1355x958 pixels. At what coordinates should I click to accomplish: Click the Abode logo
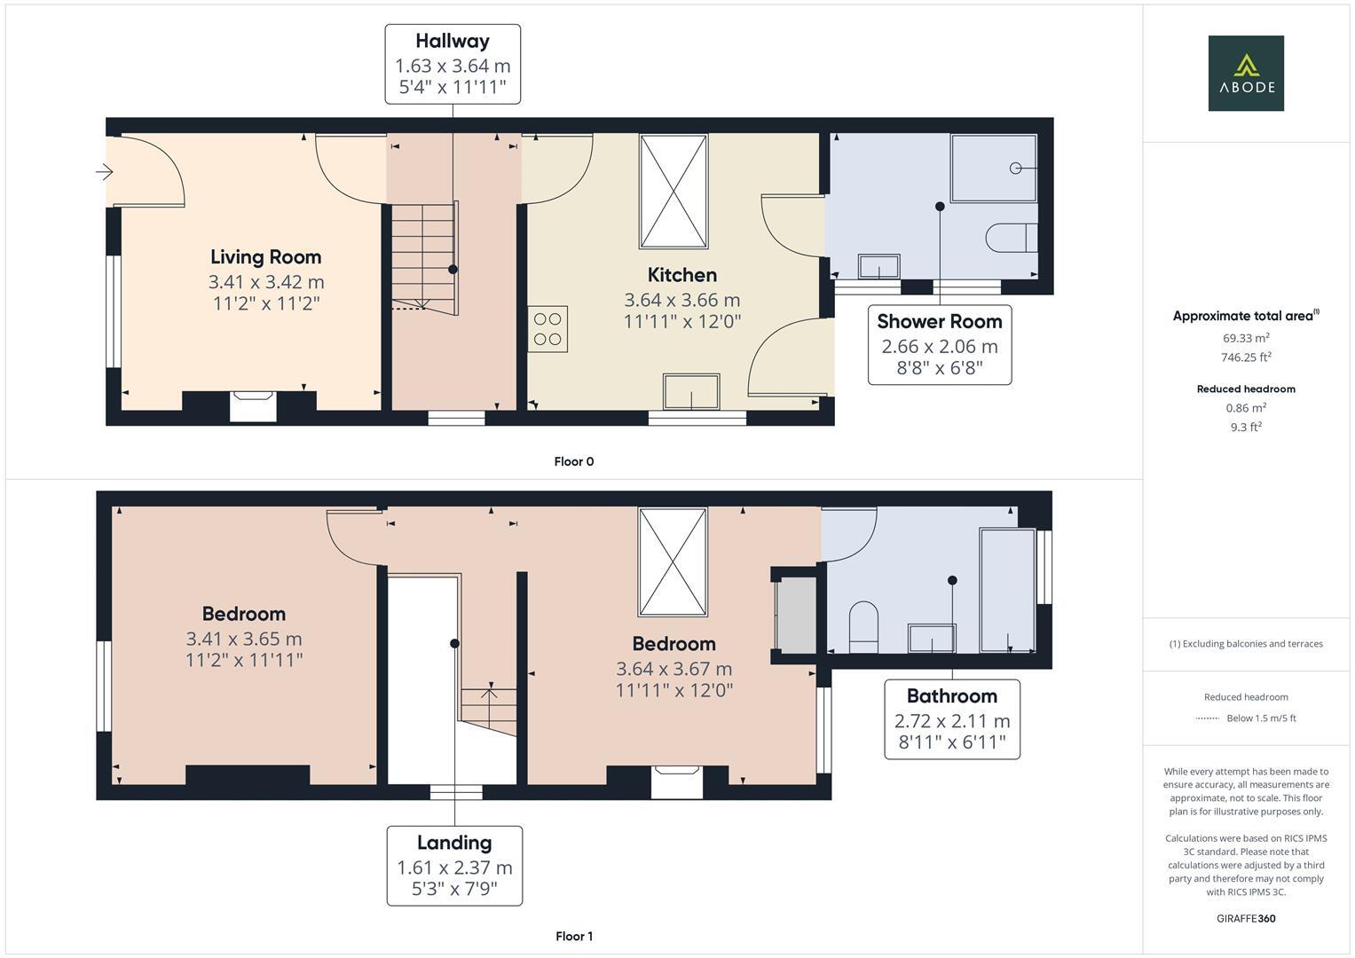coord(1245,73)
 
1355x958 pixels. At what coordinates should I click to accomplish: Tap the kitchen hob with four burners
coord(548,328)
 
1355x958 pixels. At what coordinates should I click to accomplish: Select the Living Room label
coord(265,257)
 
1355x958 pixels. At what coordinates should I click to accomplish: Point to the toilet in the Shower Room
coord(1011,238)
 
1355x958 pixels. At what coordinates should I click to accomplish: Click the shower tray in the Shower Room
coord(993,169)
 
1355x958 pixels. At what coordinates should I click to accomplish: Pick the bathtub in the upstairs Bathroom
coord(1007,590)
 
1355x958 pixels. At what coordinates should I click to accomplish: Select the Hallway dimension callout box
coord(453,65)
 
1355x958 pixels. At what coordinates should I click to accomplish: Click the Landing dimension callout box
coord(454,866)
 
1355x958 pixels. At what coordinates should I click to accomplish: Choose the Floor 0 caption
coord(573,461)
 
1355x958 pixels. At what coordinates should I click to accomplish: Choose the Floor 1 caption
coord(573,936)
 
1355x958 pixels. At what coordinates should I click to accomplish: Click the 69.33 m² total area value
coord(1245,338)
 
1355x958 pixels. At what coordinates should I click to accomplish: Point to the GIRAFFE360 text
coord(1245,918)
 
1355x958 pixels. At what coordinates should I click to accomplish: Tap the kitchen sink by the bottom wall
coord(691,391)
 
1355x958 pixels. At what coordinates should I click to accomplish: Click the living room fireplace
coord(253,405)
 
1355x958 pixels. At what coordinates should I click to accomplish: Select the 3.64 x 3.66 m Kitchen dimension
coord(681,300)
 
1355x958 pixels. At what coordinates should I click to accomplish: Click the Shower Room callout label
coord(940,322)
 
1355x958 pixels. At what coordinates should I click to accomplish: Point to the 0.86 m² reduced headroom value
coord(1245,408)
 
